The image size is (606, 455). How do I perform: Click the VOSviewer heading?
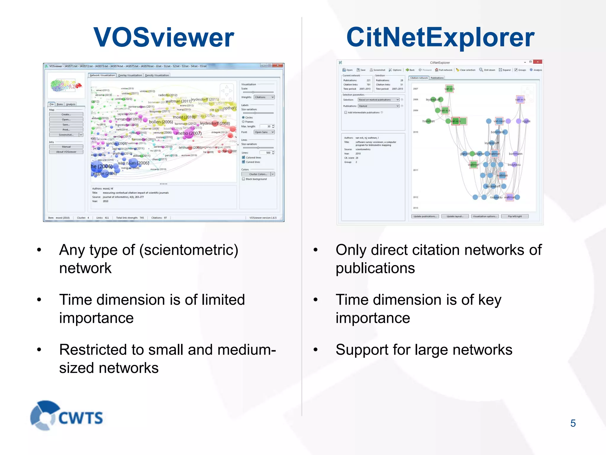coord(164,37)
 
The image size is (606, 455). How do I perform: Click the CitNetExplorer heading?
coord(440,37)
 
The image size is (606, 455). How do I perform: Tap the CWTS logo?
coord(67,416)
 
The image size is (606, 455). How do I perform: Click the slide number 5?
coord(573,423)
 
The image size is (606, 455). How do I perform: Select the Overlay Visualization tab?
coord(130,75)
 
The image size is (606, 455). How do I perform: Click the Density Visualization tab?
coord(157,75)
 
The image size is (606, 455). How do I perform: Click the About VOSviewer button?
coord(66,152)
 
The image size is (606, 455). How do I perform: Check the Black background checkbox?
coord(244,179)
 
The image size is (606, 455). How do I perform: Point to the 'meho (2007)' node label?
coord(189,133)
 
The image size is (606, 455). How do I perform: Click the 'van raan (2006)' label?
coord(133,163)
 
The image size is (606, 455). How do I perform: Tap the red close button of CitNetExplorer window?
coord(537,62)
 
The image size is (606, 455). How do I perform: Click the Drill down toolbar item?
coord(487,70)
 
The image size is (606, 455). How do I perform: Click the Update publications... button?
coord(425,216)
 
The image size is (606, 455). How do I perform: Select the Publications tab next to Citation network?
coord(437,78)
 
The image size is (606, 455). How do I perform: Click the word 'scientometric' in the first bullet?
coord(188,250)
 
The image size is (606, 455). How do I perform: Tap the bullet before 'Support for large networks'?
coord(315,350)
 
